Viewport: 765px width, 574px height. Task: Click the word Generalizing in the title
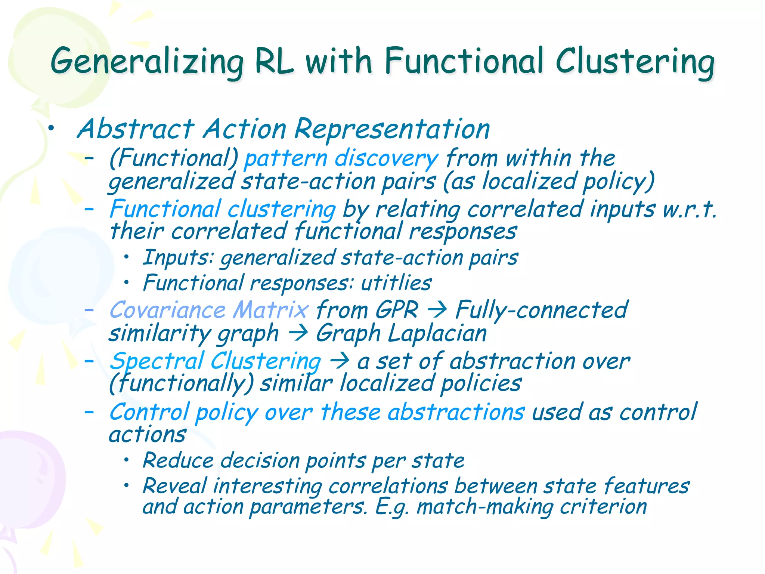coord(147,62)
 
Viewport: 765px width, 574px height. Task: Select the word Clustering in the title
coord(635,62)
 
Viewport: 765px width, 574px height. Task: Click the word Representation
coord(392,129)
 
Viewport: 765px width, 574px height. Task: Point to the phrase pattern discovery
coord(341,158)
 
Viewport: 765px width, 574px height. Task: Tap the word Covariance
coord(168,310)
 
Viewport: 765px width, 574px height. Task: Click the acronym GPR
coord(397,310)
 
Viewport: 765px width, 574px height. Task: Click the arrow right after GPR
coord(437,310)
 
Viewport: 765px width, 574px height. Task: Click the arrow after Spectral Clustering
coord(339,361)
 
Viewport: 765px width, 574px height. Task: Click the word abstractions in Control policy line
coord(456,412)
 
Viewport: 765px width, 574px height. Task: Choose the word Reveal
coord(174,486)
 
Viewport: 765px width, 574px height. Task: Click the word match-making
coord(485,507)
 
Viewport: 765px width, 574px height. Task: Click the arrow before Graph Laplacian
coord(298,333)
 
